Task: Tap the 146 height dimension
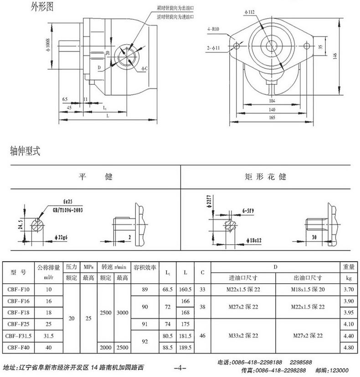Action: coord(335,56)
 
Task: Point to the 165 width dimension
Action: coord(272,118)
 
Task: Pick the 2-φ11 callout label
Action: coord(214,47)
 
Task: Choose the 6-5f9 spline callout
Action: coord(249,211)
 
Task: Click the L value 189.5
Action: coord(185,347)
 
